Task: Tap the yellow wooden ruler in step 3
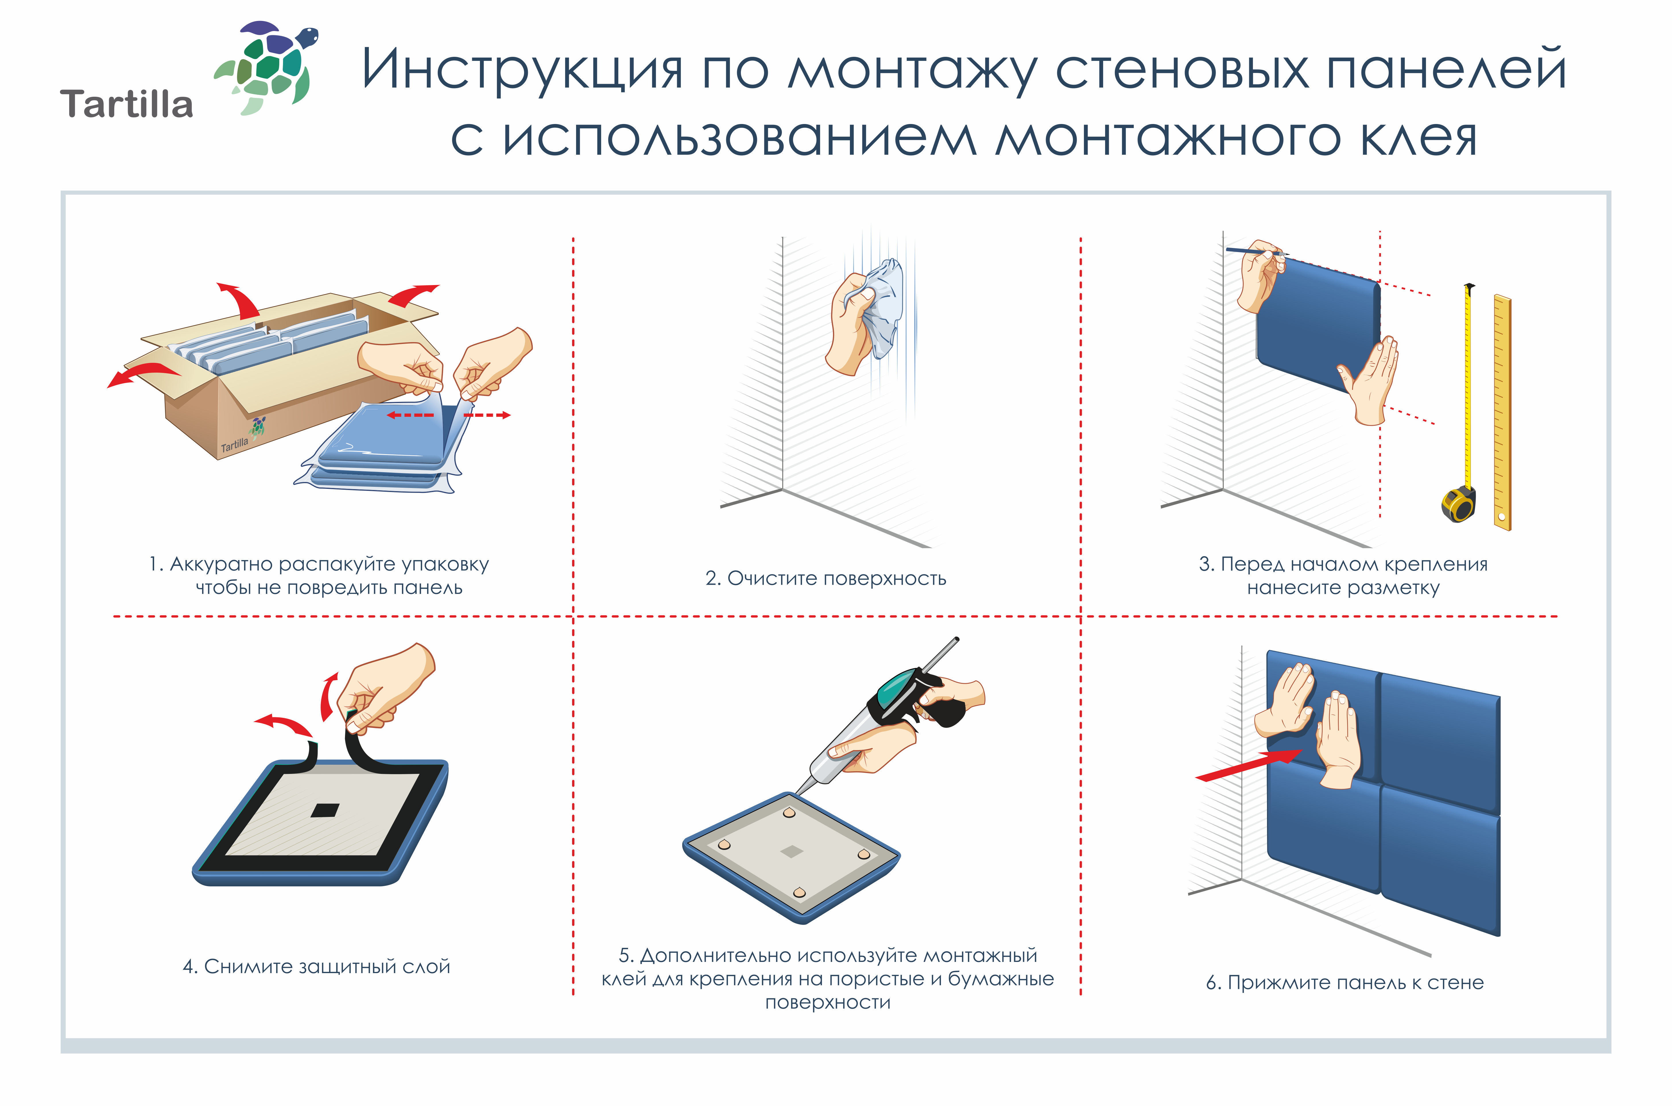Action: [1502, 413]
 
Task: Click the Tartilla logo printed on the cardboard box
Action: [243, 437]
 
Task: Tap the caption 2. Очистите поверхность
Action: [825, 578]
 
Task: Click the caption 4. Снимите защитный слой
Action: [316, 966]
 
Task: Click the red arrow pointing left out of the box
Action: [141, 374]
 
